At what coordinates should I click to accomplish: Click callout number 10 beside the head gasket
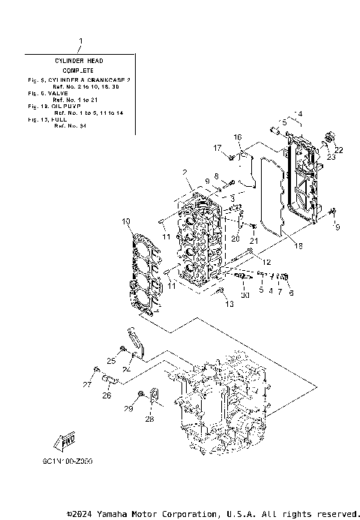point(126,221)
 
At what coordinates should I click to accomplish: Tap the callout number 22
point(338,150)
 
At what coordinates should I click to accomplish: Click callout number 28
point(148,419)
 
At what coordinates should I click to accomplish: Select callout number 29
point(127,407)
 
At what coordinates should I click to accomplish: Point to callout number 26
point(106,395)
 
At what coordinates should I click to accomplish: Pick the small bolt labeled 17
point(232,157)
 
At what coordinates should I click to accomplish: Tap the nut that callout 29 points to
point(141,394)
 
